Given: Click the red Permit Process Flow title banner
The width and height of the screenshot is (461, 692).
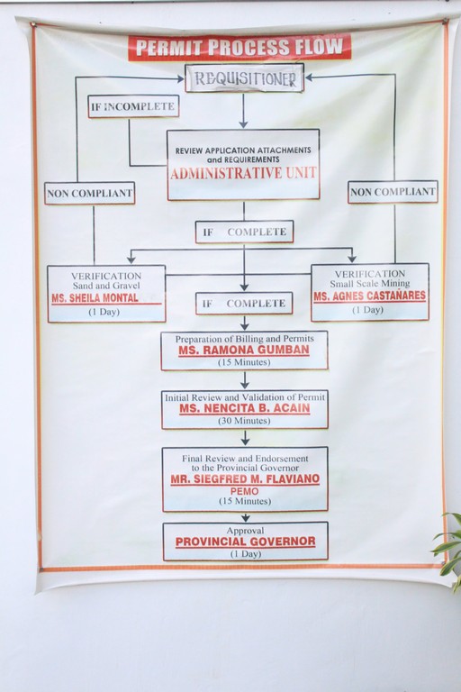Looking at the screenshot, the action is tap(240, 47).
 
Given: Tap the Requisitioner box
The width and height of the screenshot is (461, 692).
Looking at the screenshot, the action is tap(244, 78).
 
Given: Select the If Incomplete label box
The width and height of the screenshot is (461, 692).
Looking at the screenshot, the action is tap(133, 106).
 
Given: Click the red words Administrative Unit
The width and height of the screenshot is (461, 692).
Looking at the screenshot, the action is tap(243, 173).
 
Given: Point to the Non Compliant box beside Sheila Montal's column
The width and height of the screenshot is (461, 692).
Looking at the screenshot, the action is tap(89, 194).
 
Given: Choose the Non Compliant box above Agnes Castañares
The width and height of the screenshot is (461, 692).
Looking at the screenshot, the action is tap(393, 192).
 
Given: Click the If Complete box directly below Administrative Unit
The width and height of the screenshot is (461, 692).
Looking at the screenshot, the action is tap(244, 232).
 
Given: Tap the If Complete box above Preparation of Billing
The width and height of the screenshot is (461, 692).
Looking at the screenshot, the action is tap(244, 303).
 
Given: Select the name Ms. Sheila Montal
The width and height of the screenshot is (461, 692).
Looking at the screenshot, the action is tap(95, 298).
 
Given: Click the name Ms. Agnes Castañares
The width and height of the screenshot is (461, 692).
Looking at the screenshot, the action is tap(370, 296).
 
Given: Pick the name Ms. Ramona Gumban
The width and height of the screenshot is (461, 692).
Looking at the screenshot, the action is tap(244, 351).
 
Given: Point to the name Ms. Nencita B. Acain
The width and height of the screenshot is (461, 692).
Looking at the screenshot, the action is tap(245, 409).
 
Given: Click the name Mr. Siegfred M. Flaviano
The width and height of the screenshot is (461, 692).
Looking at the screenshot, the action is tap(245, 479).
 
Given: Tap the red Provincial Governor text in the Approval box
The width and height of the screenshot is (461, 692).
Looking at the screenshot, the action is tap(245, 542).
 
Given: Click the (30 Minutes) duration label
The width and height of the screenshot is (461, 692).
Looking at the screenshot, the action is tap(245, 421).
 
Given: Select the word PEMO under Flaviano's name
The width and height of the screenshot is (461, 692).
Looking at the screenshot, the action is tap(245, 491).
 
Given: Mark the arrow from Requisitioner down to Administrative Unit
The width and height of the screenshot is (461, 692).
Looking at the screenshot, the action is tap(243, 110).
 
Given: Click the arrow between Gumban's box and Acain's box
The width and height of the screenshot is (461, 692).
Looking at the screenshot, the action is tap(245, 380).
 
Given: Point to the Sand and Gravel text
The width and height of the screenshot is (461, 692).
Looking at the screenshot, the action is tap(106, 286).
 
